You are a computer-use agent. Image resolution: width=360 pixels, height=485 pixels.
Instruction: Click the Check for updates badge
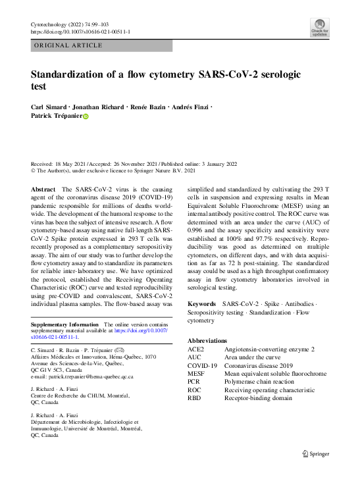319,27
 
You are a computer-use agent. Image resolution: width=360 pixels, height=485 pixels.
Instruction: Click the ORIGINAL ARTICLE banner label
68,45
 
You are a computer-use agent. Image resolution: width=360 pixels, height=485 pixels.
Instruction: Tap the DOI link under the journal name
80,32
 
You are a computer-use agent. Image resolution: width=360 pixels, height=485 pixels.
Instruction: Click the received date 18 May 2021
76,163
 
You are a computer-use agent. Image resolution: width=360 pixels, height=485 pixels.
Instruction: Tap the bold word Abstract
43,189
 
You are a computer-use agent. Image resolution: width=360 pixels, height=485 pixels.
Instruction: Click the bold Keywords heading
201,303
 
